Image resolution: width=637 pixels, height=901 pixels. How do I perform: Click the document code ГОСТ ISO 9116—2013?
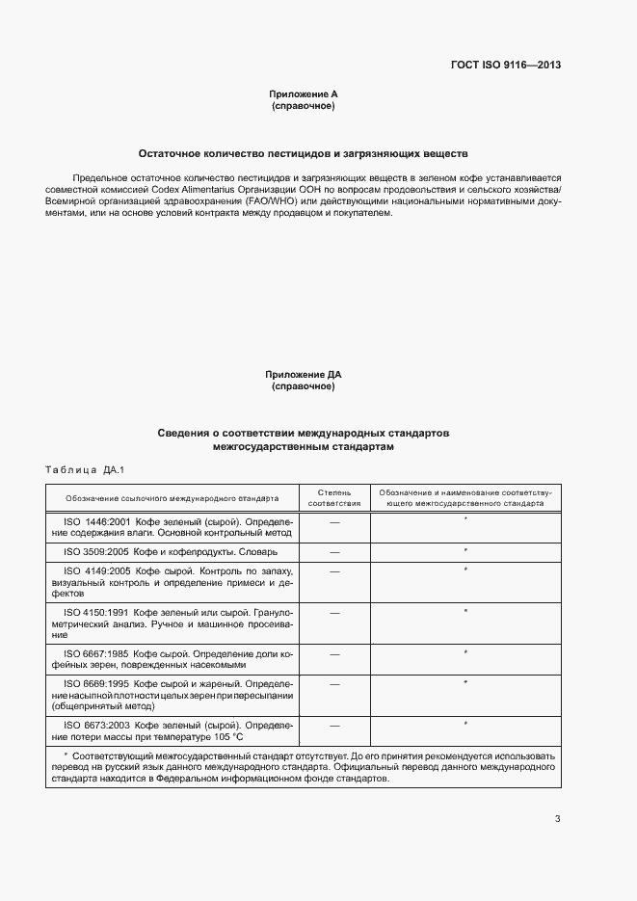click(505, 66)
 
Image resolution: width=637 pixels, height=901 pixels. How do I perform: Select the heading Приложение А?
click(303, 94)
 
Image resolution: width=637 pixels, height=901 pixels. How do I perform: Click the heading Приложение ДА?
click(303, 374)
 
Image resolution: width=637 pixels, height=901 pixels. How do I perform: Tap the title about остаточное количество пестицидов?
click(303, 153)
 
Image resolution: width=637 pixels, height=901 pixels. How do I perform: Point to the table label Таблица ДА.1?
click(86, 469)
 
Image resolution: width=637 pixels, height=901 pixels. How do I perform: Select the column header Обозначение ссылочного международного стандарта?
click(173, 498)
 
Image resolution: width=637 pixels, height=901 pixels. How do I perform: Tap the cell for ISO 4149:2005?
click(173, 582)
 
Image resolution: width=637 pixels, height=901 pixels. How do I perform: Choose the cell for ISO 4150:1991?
click(173, 623)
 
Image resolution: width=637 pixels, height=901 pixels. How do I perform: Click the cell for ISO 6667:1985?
click(173, 659)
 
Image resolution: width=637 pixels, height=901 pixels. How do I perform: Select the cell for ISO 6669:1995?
click(173, 694)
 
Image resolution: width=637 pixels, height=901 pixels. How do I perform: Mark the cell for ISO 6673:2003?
click(173, 729)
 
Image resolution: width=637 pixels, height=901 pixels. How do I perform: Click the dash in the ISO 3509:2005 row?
click(334, 552)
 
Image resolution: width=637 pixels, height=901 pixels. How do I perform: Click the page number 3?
click(557, 819)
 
